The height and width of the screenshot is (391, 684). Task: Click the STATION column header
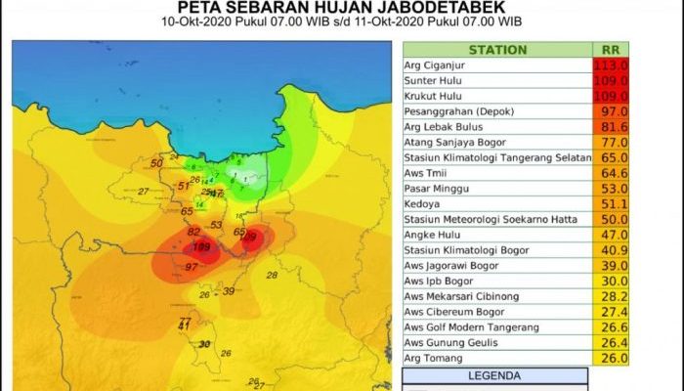tap(497, 50)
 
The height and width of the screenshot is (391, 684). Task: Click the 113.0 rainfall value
tap(611, 65)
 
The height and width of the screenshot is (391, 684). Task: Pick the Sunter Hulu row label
tap(434, 81)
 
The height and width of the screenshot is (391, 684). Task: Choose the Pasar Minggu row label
tap(436, 188)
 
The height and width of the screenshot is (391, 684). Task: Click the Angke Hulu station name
tap(432, 235)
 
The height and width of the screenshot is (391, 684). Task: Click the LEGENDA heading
tap(496, 375)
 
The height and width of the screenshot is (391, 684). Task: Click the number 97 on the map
tap(192, 266)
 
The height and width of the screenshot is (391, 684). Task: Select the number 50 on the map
tap(156, 162)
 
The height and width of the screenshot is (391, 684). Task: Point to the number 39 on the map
tap(229, 291)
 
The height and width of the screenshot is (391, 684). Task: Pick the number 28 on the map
tap(273, 276)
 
